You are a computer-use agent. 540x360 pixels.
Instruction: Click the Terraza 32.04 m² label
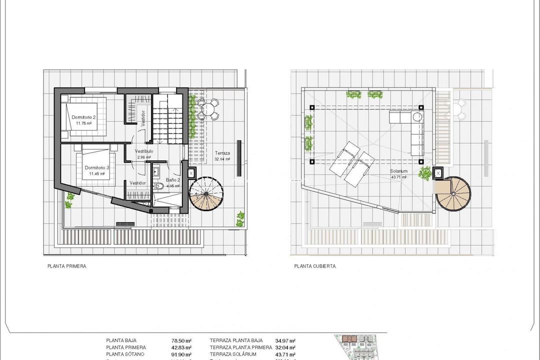[x=222, y=155]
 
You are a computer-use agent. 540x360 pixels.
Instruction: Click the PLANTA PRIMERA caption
[x=66, y=266]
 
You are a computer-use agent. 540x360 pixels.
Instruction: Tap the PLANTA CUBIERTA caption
[x=315, y=266]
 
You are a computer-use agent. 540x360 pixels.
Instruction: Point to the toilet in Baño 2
[x=159, y=186]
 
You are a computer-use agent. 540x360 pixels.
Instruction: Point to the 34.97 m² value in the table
[x=285, y=338]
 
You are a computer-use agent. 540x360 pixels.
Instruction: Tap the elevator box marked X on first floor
[x=191, y=173]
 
